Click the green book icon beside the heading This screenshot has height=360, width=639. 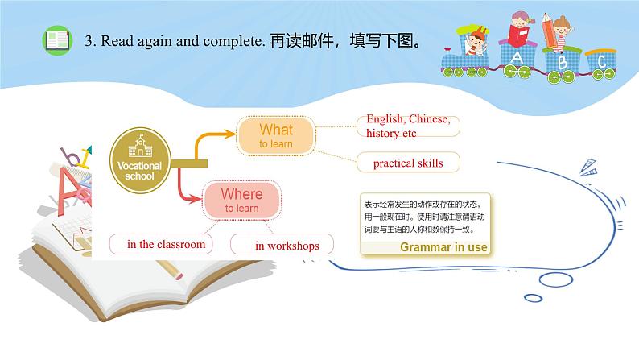tap(56, 41)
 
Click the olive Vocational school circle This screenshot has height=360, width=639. tap(140, 158)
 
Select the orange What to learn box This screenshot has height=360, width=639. tap(275, 134)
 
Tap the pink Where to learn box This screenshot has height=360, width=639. tap(241, 199)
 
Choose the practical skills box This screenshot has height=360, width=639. tap(408, 163)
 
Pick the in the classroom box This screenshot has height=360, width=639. tap(166, 244)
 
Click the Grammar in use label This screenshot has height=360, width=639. tap(443, 247)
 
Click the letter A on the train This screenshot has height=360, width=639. tap(517, 58)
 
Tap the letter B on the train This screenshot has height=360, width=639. tap(563, 61)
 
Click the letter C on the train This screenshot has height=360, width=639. tap(600, 61)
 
